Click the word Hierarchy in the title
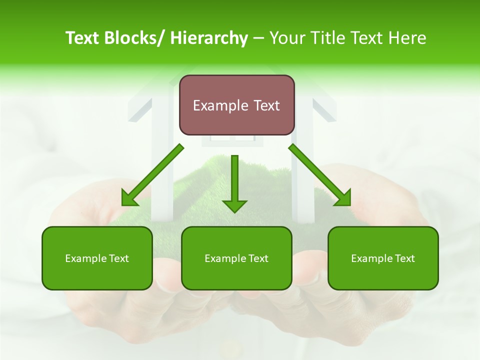tap(209, 38)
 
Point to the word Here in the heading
tap(408, 38)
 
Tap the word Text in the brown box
tap(266, 105)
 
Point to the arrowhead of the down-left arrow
tap(129, 199)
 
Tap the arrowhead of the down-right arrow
tap(343, 199)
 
